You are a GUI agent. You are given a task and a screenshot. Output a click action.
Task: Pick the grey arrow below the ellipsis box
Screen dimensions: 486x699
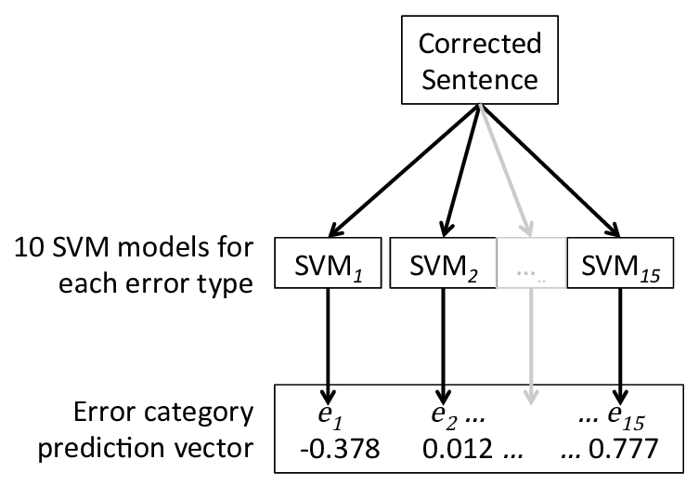(530, 344)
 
